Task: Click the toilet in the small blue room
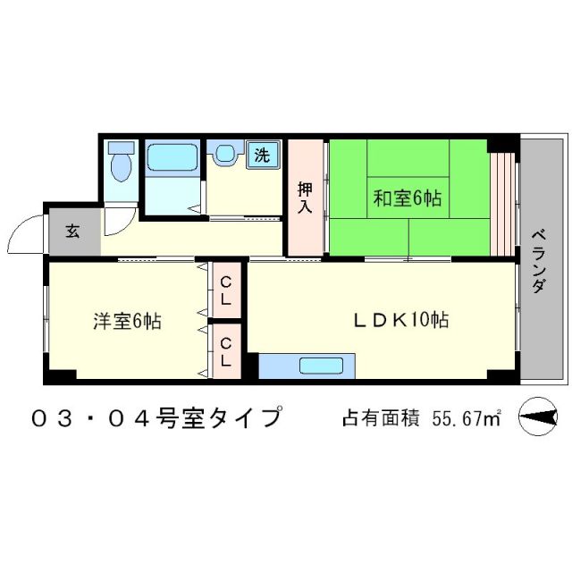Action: [x=120, y=164]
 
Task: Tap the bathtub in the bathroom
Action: [x=172, y=158]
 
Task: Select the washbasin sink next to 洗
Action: [x=224, y=154]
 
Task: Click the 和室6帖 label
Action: [x=407, y=198]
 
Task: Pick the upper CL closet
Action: [x=225, y=292]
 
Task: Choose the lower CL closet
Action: [x=225, y=351]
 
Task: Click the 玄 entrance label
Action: [x=72, y=231]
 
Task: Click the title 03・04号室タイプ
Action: [x=156, y=417]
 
